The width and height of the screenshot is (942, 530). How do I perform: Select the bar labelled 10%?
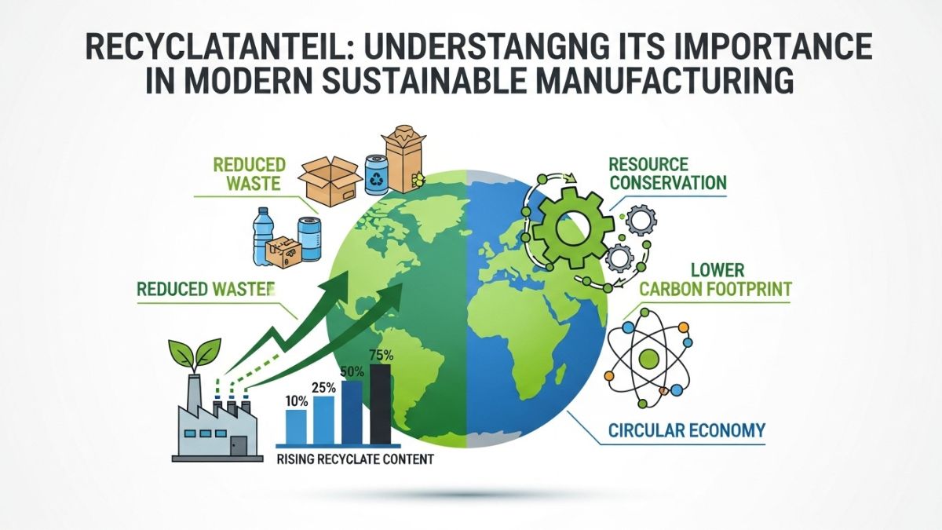click(x=296, y=425)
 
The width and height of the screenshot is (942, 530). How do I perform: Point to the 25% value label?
click(x=323, y=387)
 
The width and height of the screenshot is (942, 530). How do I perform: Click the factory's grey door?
click(x=239, y=445)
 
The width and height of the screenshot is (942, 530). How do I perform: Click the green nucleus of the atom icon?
click(x=648, y=360)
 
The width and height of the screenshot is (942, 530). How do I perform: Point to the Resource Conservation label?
click(x=666, y=174)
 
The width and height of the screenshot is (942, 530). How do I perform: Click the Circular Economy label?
click(x=686, y=430)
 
